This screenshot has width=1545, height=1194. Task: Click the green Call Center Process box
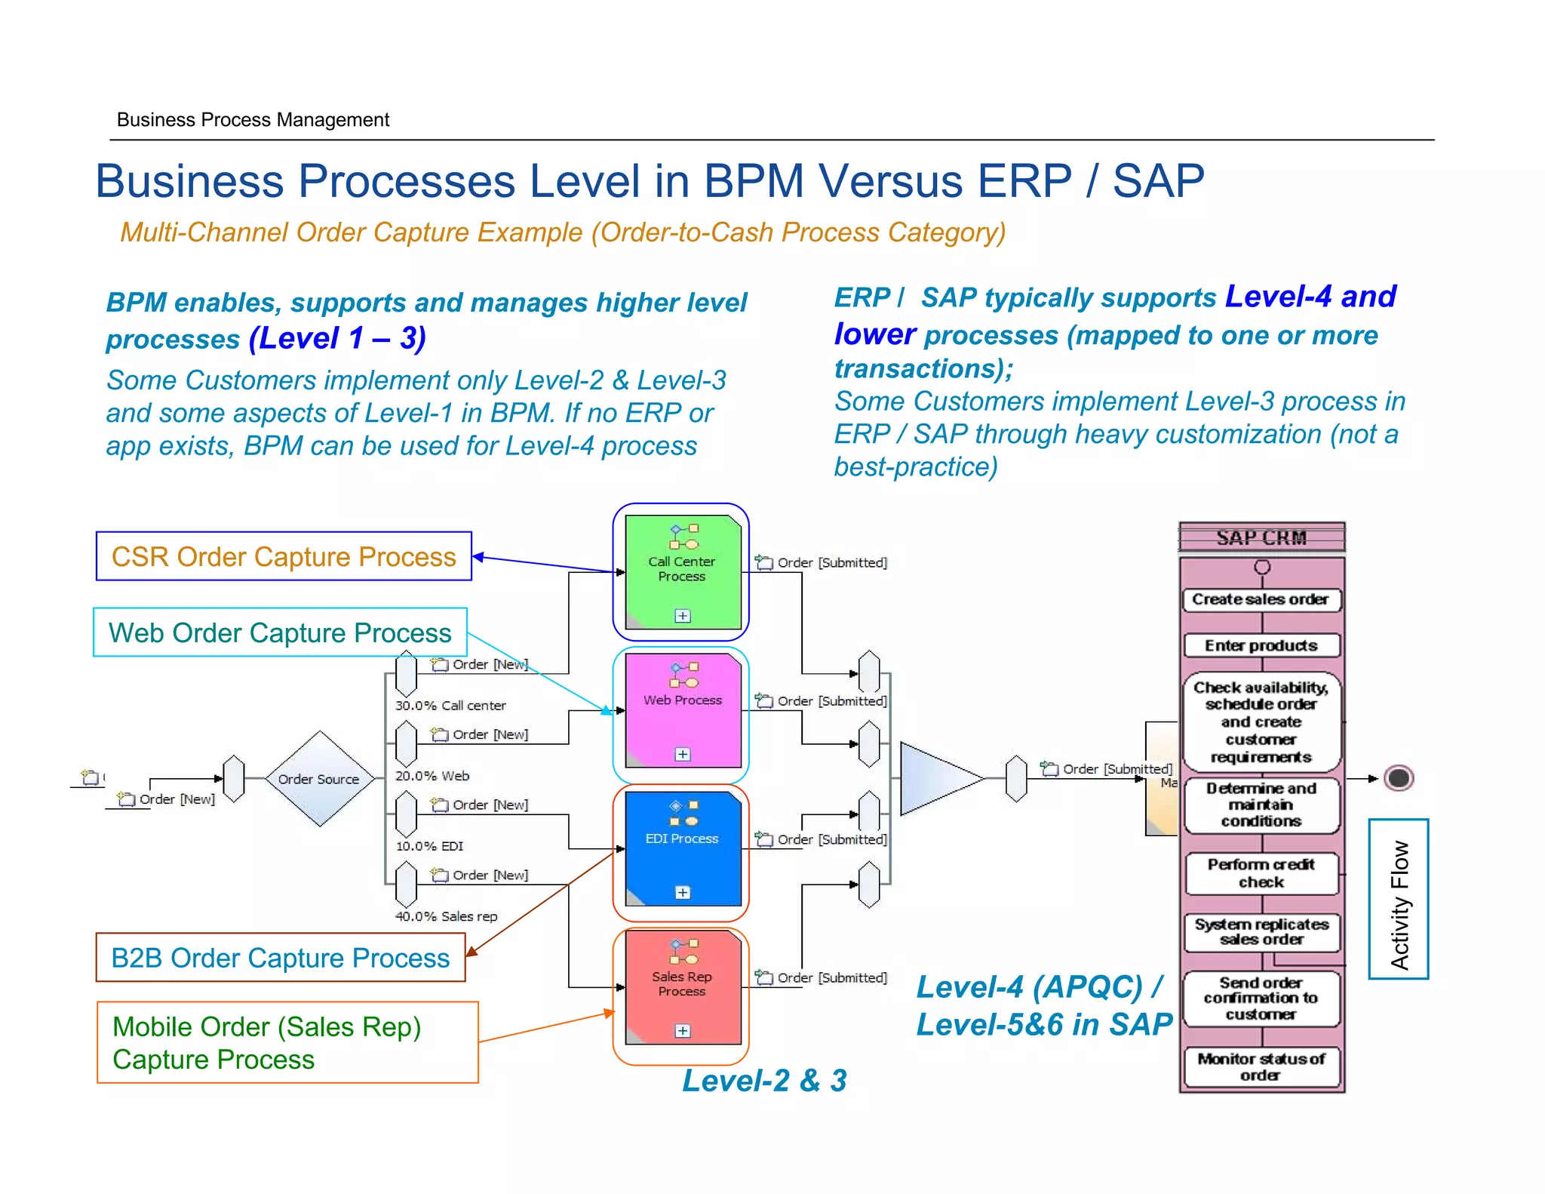pos(683,571)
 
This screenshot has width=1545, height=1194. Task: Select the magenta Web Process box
pos(683,710)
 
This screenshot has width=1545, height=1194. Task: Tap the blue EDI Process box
pos(683,848)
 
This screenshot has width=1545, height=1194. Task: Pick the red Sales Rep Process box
pos(683,986)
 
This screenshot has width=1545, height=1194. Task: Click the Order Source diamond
pos(319,779)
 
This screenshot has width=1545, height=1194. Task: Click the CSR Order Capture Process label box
pos(284,556)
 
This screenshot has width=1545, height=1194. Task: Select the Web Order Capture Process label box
pos(280,632)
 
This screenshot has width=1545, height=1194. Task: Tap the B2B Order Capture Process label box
pos(280,958)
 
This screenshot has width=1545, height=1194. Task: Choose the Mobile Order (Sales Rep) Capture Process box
pos(287,1042)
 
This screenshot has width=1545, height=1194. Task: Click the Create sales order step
pos(1261,599)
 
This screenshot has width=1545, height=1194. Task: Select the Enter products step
pos(1261,645)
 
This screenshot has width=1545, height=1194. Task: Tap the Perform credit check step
pos(1261,873)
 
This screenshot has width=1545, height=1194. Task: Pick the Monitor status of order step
pos(1261,1066)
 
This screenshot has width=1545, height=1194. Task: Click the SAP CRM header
pos(1261,538)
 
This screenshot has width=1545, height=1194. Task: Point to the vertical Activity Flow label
pos(1399,899)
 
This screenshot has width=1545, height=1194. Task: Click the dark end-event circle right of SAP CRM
pos(1399,778)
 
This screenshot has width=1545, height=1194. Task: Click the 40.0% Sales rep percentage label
pos(446,916)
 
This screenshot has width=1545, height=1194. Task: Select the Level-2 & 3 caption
pos(764,1080)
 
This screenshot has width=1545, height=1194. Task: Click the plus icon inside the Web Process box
pos(683,754)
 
